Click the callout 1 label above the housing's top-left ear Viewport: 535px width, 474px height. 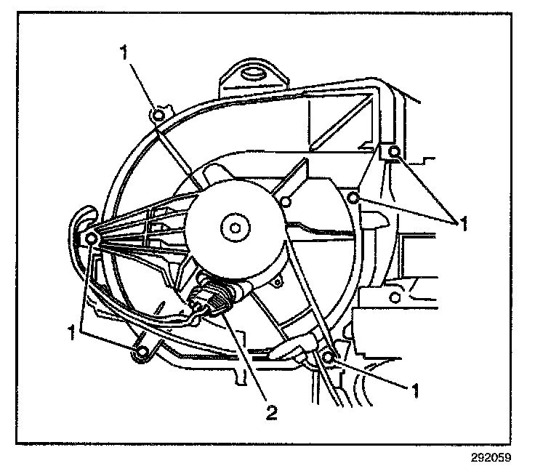point(124,53)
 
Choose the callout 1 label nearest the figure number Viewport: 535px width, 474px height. point(416,390)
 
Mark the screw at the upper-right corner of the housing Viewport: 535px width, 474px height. point(394,151)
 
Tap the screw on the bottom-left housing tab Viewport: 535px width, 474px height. point(143,353)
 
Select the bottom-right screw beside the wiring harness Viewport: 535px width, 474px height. point(329,357)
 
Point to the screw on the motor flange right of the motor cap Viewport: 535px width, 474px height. point(286,201)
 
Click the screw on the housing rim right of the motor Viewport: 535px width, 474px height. point(353,198)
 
